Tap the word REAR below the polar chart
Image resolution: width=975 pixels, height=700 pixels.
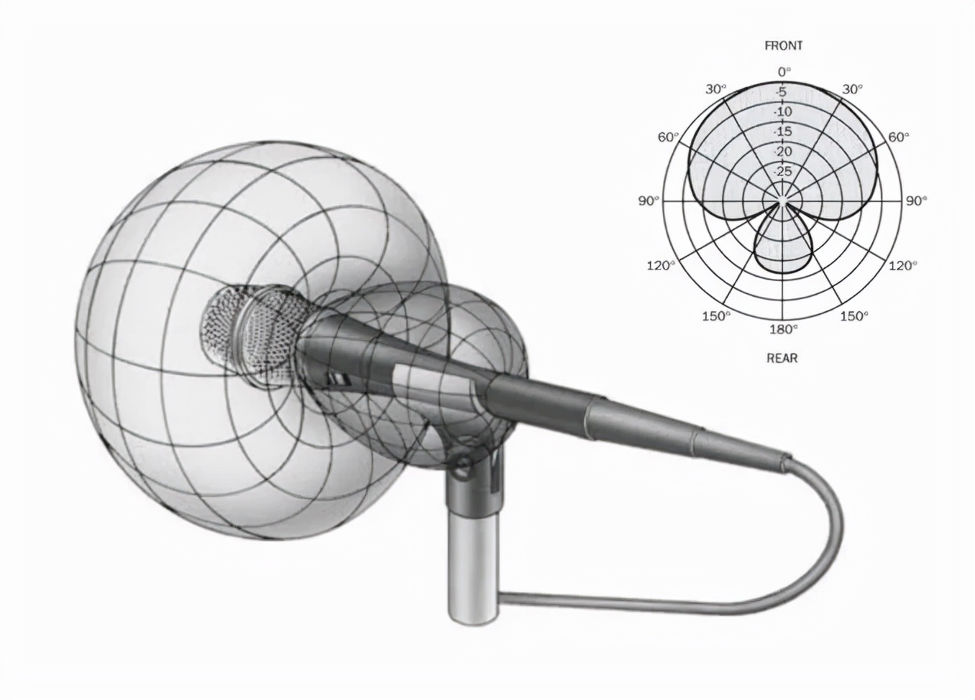(782, 358)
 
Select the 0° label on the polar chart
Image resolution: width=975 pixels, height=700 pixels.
(784, 72)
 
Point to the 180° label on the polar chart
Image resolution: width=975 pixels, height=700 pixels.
(782, 329)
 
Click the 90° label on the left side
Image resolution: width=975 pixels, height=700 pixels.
(649, 201)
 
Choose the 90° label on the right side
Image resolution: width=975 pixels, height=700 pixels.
(917, 201)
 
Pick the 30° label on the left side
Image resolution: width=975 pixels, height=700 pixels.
(716, 89)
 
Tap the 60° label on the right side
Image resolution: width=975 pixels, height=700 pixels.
(898, 137)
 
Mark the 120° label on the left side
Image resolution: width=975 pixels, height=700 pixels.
(661, 265)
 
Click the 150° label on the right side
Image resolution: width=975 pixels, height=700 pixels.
(854, 316)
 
